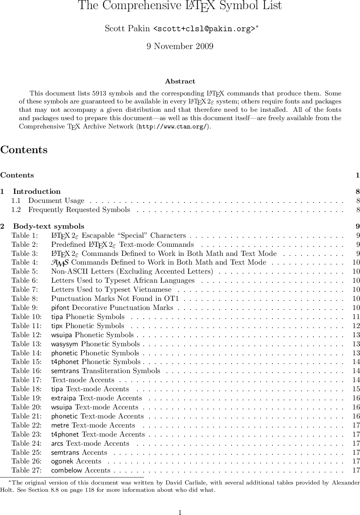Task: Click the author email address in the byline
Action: coord(204,29)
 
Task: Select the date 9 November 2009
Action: coord(180,46)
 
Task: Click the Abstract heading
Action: coord(180,82)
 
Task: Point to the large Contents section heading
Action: coord(24,150)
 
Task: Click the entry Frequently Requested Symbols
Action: coord(79,210)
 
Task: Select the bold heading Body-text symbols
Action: coord(49,226)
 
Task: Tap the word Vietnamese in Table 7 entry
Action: coord(152,290)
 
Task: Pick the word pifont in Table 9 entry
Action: coord(61,308)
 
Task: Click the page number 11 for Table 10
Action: coord(356,317)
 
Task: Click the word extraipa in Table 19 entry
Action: coord(64,398)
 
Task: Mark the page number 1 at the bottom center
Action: coord(180,512)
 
